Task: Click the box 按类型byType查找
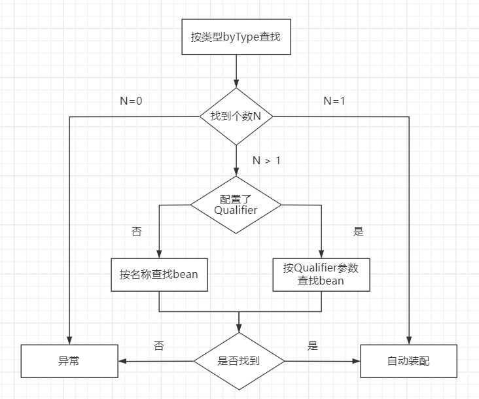pyautogui.click(x=236, y=37)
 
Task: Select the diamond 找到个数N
pyautogui.click(x=236, y=116)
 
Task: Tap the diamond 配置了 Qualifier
pyautogui.click(x=236, y=205)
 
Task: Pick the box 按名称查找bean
pyautogui.click(x=159, y=275)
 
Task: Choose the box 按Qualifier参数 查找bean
pyautogui.click(x=321, y=275)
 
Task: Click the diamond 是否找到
pyautogui.click(x=239, y=360)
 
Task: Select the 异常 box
pyautogui.click(x=69, y=360)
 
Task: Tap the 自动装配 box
pyautogui.click(x=409, y=360)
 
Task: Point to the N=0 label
pyautogui.click(x=131, y=101)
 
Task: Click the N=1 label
pyautogui.click(x=335, y=101)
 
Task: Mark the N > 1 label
pyautogui.click(x=266, y=160)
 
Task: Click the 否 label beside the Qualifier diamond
pyautogui.click(x=136, y=232)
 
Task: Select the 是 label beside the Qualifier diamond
pyautogui.click(x=358, y=232)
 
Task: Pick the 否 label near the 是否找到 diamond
pyautogui.click(x=159, y=345)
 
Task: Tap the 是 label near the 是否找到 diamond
pyautogui.click(x=312, y=345)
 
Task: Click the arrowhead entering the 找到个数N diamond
pyautogui.click(x=236, y=84)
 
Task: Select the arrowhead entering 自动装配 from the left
pyautogui.click(x=357, y=360)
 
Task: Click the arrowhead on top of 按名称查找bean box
pyautogui.click(x=159, y=254)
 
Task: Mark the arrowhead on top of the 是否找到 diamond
pyautogui.click(x=239, y=330)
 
